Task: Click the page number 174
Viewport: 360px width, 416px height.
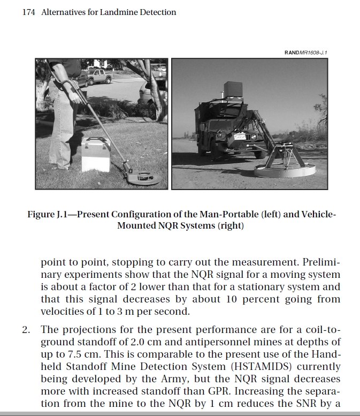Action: tap(29, 12)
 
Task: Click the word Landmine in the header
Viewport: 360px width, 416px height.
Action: tap(118, 12)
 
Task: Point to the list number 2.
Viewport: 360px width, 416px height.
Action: tap(25, 329)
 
